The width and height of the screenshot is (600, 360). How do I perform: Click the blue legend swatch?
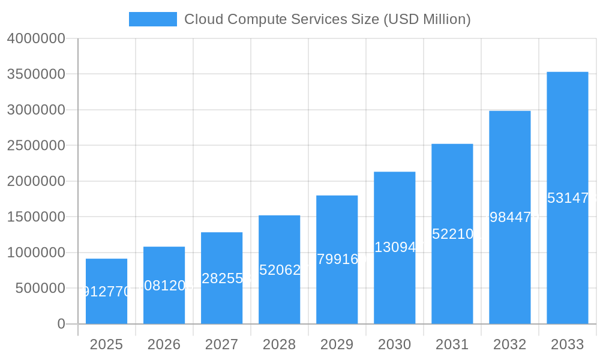point(152,19)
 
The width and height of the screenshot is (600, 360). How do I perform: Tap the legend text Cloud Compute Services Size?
point(327,19)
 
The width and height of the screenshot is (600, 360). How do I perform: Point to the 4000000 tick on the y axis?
point(36,38)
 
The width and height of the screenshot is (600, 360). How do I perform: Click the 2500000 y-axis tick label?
point(36,145)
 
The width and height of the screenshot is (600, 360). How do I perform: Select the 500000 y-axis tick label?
point(40,288)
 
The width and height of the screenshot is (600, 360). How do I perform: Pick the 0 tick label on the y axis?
point(61,324)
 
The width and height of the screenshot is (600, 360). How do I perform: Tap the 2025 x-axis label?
point(106,344)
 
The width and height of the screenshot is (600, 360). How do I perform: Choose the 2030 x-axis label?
point(394,344)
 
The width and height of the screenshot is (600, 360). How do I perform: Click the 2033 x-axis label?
point(567,344)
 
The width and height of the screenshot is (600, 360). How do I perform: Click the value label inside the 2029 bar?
point(337,260)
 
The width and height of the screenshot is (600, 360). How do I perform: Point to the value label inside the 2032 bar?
point(509,217)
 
